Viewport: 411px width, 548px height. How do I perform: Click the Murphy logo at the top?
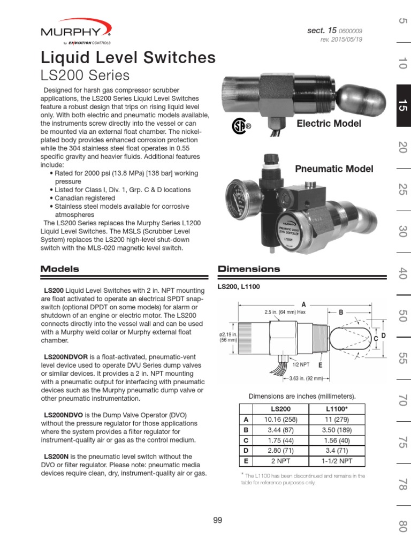point(76,31)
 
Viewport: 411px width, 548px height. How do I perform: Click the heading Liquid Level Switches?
point(128,57)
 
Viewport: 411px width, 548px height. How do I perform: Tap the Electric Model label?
point(329,124)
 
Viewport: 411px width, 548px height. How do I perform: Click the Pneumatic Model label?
point(334,169)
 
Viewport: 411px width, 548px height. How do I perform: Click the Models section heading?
point(60,269)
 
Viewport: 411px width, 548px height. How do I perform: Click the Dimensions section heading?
point(249,269)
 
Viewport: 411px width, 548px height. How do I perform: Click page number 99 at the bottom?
point(217,520)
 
